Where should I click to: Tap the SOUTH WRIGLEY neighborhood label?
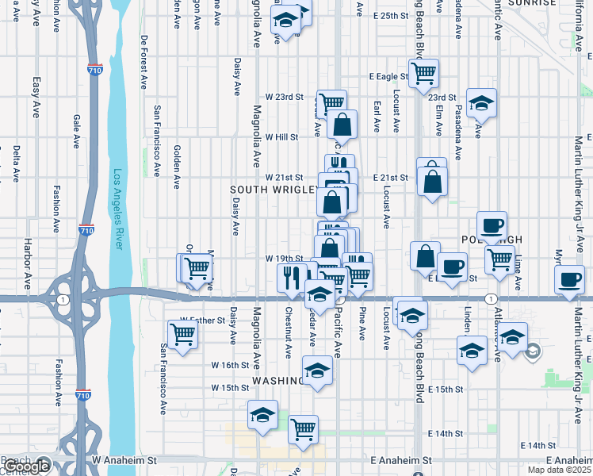point(274,190)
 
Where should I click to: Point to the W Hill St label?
point(281,136)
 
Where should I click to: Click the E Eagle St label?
point(388,77)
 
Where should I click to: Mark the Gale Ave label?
point(76,132)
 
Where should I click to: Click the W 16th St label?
point(230,365)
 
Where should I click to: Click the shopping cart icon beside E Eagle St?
point(425,72)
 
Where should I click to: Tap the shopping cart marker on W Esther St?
point(182,332)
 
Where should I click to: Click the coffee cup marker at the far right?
point(570,278)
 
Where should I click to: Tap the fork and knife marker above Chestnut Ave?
point(291,276)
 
